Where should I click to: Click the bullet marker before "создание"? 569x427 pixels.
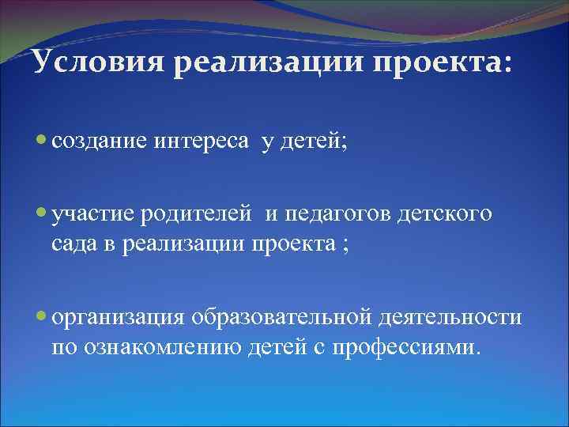[x=42, y=139]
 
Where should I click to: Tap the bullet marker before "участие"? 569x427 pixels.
[x=42, y=212]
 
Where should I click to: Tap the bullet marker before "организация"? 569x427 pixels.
[x=42, y=316]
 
